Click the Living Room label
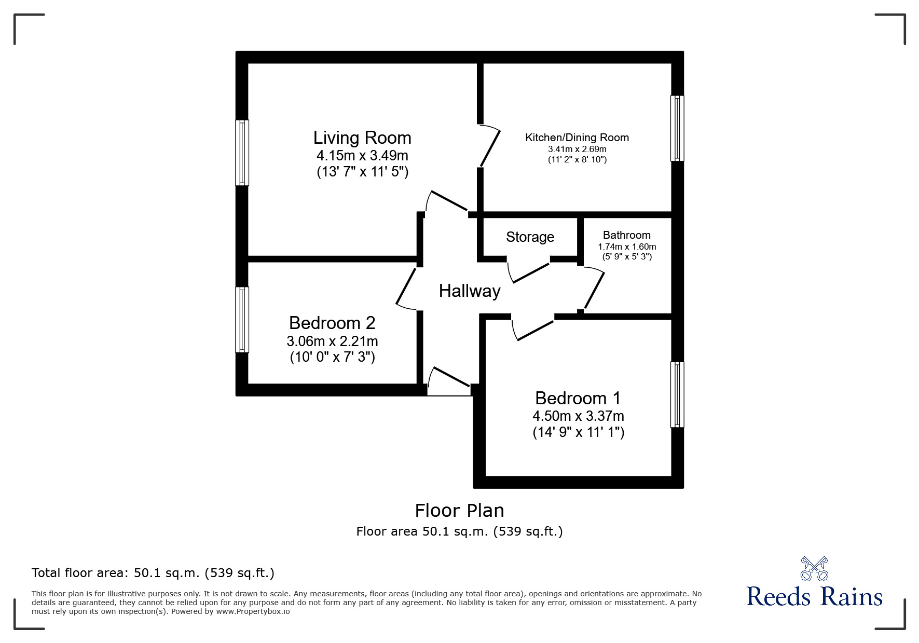tap(362, 138)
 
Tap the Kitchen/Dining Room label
tap(577, 138)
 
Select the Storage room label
tap(530, 237)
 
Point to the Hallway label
tap(470, 291)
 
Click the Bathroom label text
tap(626, 235)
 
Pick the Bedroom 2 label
tap(332, 323)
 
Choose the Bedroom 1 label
tap(578, 398)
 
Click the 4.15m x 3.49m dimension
tap(362, 155)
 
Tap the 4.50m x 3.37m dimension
tap(578, 416)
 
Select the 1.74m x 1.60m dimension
tap(627, 247)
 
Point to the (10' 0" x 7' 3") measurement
tap(332, 357)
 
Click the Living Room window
tap(242, 153)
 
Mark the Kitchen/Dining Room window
tap(677, 128)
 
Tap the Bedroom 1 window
tap(677, 394)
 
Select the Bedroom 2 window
tap(242, 320)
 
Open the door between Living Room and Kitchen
tap(490, 147)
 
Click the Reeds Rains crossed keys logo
tap(814, 569)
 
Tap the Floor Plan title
tap(459, 511)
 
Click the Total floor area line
tap(153, 573)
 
